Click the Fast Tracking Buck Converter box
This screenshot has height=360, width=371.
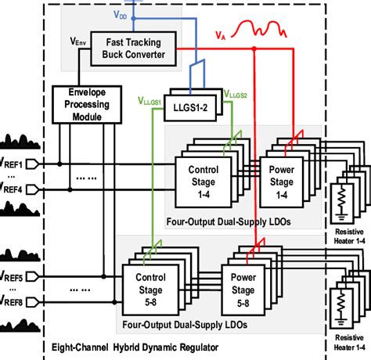tap(124, 47)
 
